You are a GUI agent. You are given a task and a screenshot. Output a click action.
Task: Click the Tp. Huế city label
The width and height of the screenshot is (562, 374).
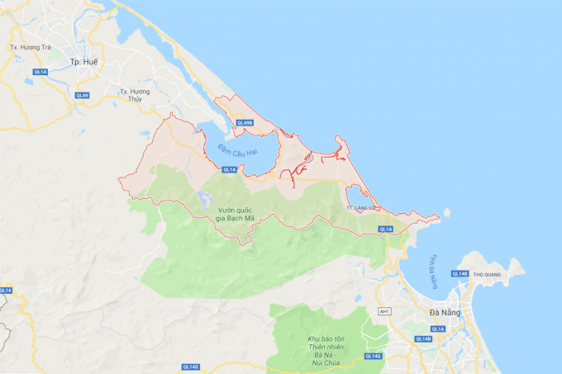(84, 62)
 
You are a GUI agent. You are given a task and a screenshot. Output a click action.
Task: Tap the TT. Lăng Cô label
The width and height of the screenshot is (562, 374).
(364, 208)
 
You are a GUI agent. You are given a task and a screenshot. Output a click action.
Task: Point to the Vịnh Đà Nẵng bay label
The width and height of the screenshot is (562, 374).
(433, 272)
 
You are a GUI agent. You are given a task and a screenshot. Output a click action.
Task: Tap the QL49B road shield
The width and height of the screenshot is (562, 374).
(245, 123)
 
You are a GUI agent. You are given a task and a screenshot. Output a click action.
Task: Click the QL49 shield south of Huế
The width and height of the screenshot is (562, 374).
(82, 95)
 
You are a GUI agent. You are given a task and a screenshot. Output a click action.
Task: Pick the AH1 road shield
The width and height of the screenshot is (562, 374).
(383, 311)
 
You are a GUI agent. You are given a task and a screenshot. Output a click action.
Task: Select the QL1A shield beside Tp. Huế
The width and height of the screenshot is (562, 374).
(40, 73)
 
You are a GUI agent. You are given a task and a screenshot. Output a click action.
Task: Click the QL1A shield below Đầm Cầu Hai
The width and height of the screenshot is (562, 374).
(228, 169)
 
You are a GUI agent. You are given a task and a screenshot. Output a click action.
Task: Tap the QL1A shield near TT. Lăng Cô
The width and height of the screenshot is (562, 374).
(386, 229)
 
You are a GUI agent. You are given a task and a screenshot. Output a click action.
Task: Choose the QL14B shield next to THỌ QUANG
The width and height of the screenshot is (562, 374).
(460, 273)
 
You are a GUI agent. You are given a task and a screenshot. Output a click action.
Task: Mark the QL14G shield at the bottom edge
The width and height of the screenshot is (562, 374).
(372, 356)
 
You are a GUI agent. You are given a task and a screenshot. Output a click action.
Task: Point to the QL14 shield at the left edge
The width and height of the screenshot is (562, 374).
(5, 290)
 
